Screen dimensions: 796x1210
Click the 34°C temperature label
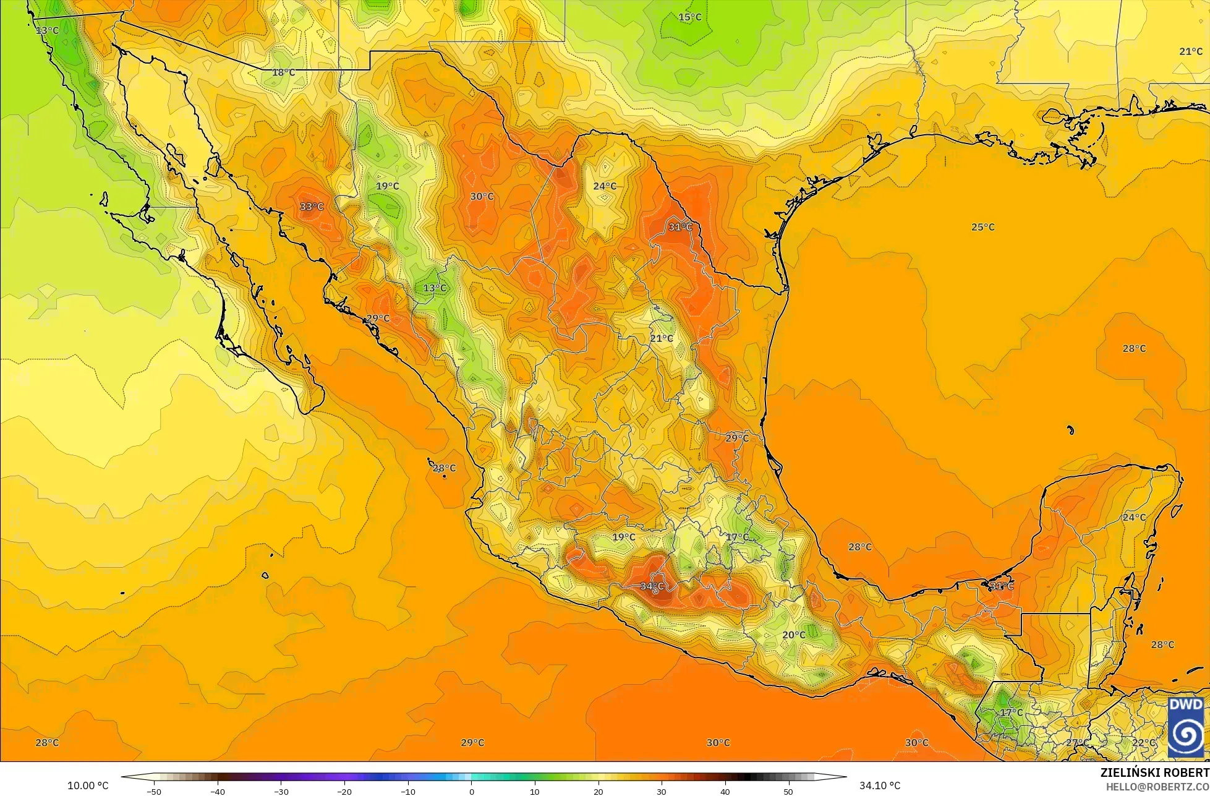click(x=652, y=586)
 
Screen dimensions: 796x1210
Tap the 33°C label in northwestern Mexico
click(x=312, y=207)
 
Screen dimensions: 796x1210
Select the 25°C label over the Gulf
click(x=982, y=227)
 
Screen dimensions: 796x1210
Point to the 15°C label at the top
click(x=689, y=17)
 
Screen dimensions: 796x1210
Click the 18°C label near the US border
click(x=283, y=72)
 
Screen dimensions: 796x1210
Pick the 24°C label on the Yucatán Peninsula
click(x=1134, y=517)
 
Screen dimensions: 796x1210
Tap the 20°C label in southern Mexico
click(x=794, y=635)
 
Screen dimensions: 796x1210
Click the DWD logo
click(x=1186, y=727)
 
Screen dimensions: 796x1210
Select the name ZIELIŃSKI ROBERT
click(x=1154, y=773)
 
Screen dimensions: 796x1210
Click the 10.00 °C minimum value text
click(x=88, y=785)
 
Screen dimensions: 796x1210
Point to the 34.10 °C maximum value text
click(x=880, y=785)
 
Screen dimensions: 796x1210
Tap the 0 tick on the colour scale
click(x=471, y=791)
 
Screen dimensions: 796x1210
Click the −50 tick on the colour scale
click(x=153, y=791)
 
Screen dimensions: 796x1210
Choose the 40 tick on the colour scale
click(x=725, y=791)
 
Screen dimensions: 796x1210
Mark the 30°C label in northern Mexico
click(x=482, y=197)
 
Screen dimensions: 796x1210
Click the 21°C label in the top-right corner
click(x=1190, y=51)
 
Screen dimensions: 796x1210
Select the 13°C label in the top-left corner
click(x=47, y=30)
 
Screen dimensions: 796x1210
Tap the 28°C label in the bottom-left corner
click(x=47, y=743)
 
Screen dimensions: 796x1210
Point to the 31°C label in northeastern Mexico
click(x=680, y=227)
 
